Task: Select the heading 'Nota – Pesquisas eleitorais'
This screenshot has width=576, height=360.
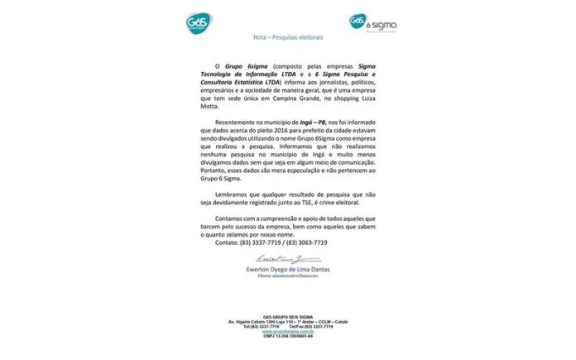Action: (x=288, y=38)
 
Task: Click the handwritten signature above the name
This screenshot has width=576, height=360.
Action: (x=286, y=262)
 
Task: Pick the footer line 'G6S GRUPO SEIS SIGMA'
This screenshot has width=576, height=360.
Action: (x=288, y=316)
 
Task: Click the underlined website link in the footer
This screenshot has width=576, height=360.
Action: (x=287, y=331)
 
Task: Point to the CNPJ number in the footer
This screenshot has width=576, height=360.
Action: (x=288, y=337)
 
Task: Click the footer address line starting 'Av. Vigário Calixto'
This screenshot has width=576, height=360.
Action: (x=288, y=321)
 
